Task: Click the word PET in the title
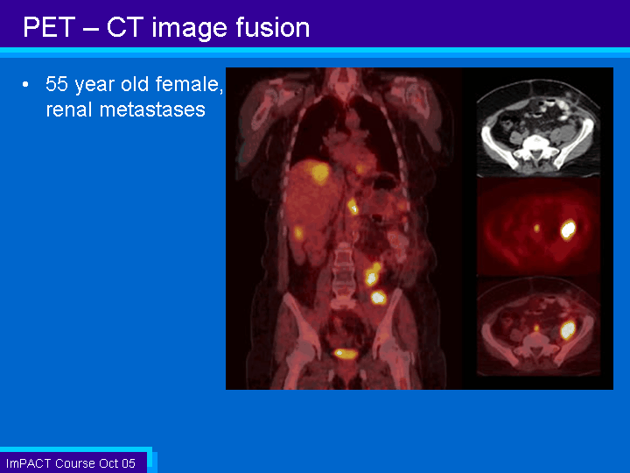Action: coord(49,27)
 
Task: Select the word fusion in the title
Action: coord(272,27)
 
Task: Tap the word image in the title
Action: coord(190,29)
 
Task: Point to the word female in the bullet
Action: coord(188,84)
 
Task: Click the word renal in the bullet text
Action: coord(69,109)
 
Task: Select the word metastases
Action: coord(152,109)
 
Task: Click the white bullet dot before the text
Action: coord(25,84)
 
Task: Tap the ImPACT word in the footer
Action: coord(29,463)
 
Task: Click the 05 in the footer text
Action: coord(128,463)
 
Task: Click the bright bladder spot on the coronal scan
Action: coord(345,354)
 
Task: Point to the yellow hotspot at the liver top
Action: coord(319,173)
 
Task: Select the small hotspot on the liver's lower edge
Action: coord(298,233)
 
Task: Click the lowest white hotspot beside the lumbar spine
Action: coord(378,298)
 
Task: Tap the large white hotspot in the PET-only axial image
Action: coord(568,229)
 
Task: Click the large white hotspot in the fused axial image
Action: coord(568,329)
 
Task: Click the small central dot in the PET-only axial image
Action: coord(536,228)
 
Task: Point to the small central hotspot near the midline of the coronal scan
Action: coord(353,207)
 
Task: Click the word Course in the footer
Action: coord(75,463)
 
